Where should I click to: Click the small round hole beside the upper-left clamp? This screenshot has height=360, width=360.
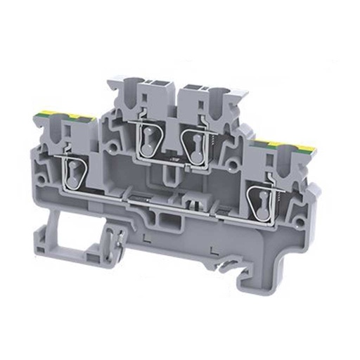point(112,146)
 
